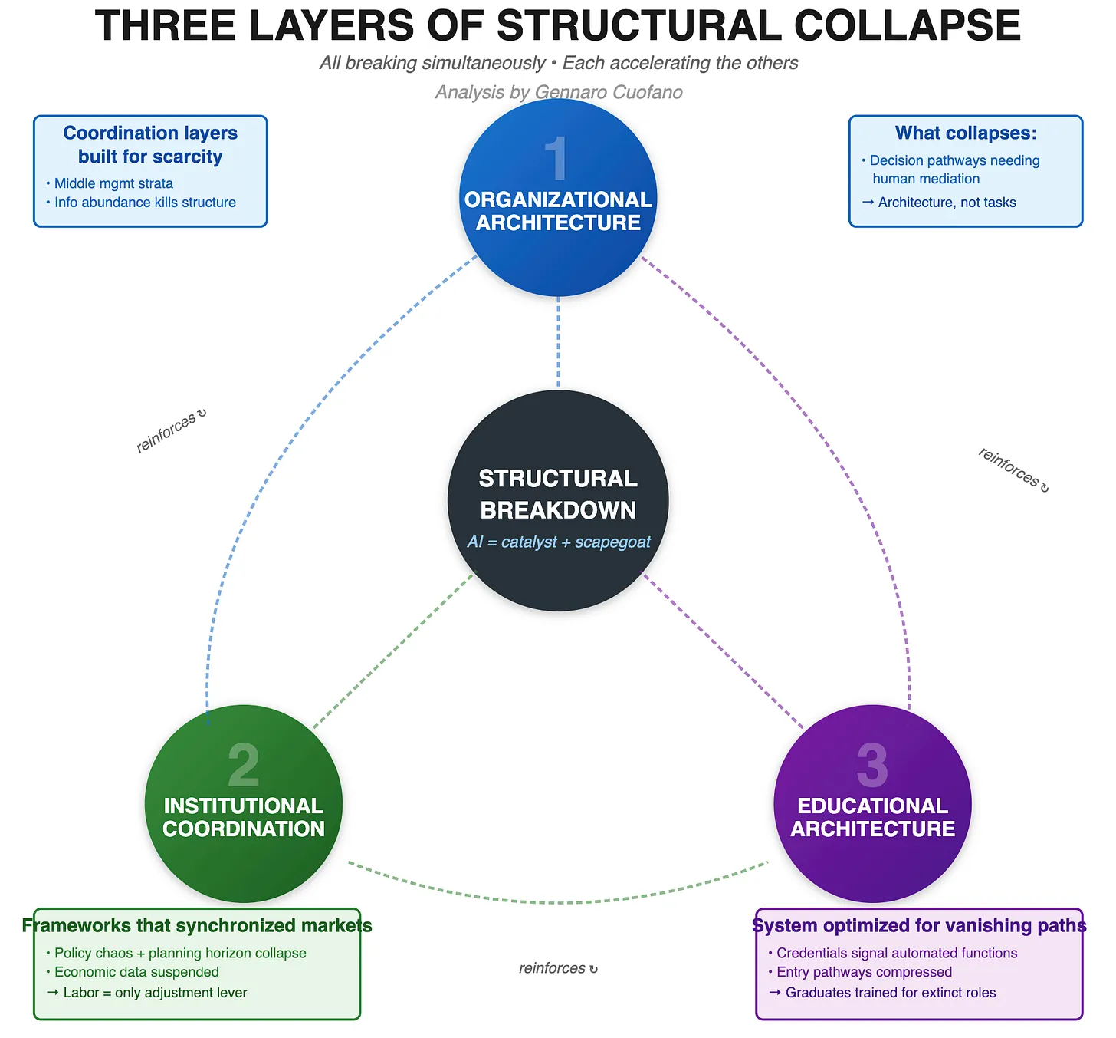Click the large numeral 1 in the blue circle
click(x=556, y=159)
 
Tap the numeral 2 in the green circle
click(x=244, y=765)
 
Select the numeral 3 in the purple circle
click(x=872, y=765)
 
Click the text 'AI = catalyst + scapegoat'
click(x=559, y=542)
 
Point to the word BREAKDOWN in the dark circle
click(x=558, y=510)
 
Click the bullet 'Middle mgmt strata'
click(x=113, y=183)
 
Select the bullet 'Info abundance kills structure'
click(x=145, y=203)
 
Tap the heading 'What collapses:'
click(x=966, y=133)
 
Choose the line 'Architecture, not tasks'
click(x=947, y=203)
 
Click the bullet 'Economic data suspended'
click(x=136, y=972)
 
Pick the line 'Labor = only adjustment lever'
click(x=155, y=993)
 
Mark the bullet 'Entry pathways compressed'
click(x=864, y=972)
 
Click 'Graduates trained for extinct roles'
click(x=890, y=993)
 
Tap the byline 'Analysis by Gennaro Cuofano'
click(x=559, y=92)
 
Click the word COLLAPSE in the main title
click(x=907, y=26)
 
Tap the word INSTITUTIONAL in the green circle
click(x=243, y=806)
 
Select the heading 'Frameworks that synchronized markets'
click(x=197, y=925)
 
